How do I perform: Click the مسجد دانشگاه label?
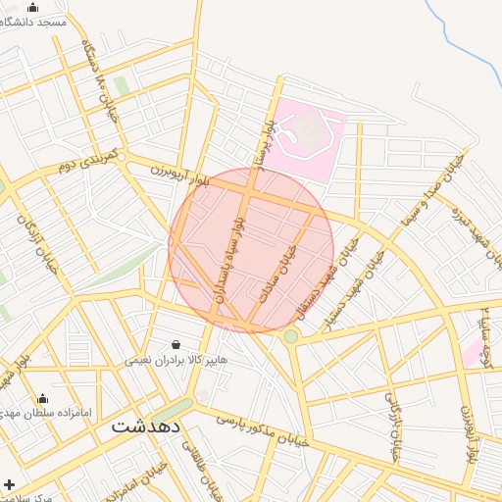click(35, 22)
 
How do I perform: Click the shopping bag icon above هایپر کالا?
click(176, 344)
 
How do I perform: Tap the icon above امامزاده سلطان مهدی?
click(42, 398)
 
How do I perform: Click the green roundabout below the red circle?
click(291, 336)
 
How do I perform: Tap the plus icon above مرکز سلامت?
click(10, 484)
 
